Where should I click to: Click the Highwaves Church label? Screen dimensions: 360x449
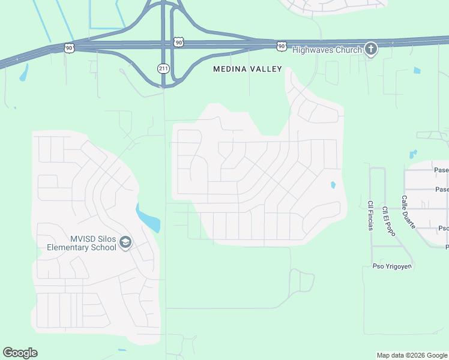tap(327, 50)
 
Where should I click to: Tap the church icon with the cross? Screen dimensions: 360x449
tap(371, 49)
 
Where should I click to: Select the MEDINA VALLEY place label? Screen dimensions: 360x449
tap(247, 69)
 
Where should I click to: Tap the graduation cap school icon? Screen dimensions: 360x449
tap(125, 242)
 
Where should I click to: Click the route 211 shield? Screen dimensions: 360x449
tap(163, 68)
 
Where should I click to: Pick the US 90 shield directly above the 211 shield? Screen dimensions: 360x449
tap(178, 41)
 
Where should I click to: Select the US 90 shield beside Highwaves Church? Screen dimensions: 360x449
tap(282, 46)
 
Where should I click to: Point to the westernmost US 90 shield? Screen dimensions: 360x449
tap(70, 47)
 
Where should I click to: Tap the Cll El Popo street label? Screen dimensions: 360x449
tap(387, 221)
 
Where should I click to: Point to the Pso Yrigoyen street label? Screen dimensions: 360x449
tap(393, 266)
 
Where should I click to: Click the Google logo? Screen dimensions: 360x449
tap(20, 353)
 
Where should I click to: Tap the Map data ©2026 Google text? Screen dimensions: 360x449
tap(412, 355)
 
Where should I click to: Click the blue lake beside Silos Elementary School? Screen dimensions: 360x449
tap(148, 218)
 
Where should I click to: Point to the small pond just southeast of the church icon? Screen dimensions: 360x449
tap(417, 70)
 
